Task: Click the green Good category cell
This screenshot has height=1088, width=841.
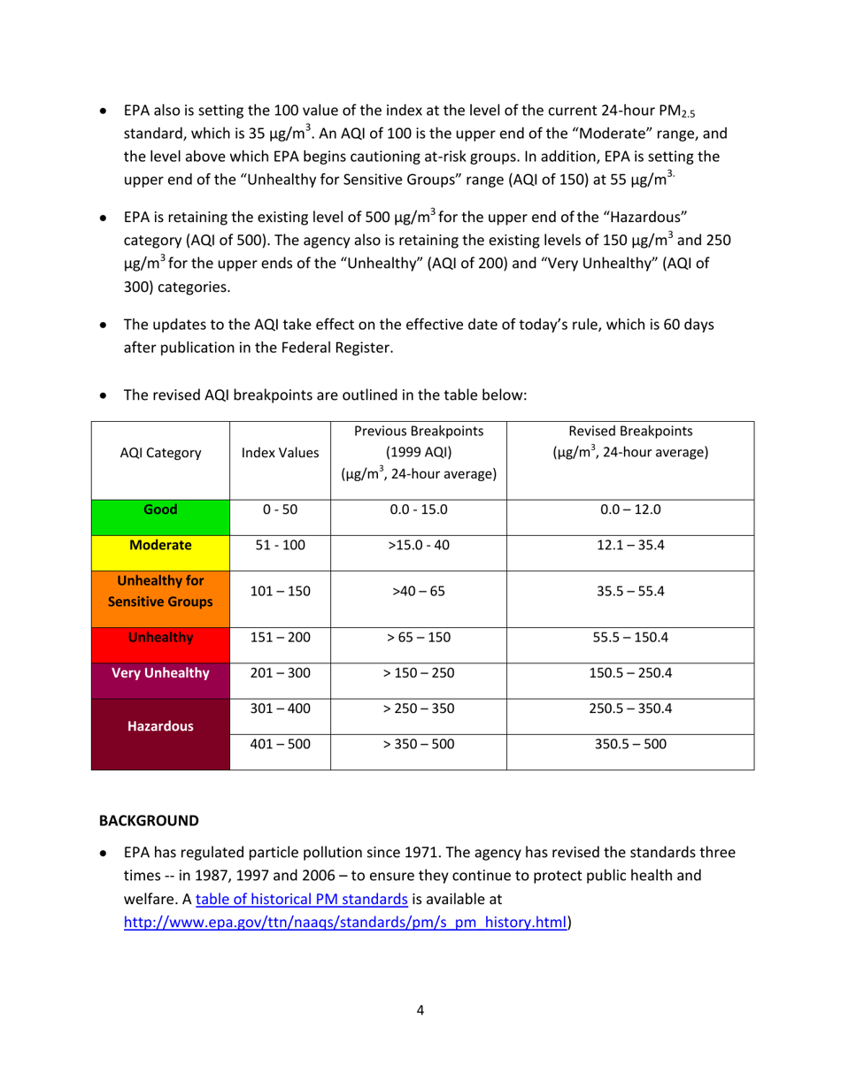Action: point(161,510)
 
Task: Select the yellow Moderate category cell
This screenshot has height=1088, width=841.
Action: point(161,546)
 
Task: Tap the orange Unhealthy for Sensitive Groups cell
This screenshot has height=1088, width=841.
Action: point(161,592)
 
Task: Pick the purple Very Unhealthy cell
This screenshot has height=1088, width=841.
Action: point(161,673)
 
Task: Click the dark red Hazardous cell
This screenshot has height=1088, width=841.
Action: point(161,726)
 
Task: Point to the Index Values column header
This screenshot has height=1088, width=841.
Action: point(279,454)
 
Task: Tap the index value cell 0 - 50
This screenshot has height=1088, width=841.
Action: point(279,510)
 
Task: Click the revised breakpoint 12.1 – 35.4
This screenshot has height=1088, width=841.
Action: point(629,546)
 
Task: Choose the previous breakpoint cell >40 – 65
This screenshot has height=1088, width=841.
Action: point(419,592)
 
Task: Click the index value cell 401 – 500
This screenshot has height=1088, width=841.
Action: point(279,746)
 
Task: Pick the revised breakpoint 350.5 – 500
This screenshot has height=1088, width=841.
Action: point(629,746)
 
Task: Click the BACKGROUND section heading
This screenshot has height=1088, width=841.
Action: point(149,821)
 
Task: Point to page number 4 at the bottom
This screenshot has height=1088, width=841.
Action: point(420,1010)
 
